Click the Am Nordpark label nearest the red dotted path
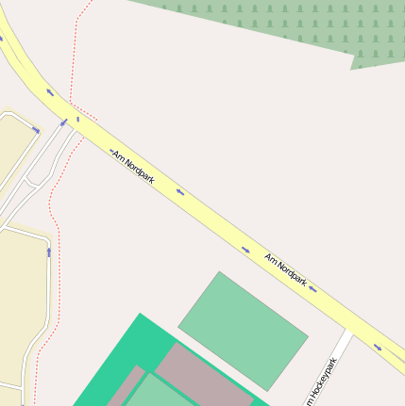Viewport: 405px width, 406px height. (x=132, y=167)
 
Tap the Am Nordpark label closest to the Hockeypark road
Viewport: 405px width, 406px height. (x=285, y=269)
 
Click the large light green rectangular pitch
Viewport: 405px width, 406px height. (x=243, y=331)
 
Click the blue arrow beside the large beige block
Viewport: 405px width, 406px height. (x=48, y=252)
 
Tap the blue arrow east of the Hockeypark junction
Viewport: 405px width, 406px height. (x=378, y=347)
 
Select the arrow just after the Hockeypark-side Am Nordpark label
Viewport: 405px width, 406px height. (x=312, y=289)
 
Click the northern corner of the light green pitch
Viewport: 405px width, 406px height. (x=220, y=273)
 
